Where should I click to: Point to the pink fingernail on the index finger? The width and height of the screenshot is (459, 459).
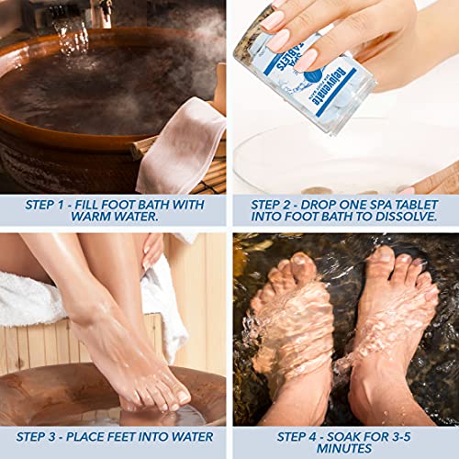(274, 17)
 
